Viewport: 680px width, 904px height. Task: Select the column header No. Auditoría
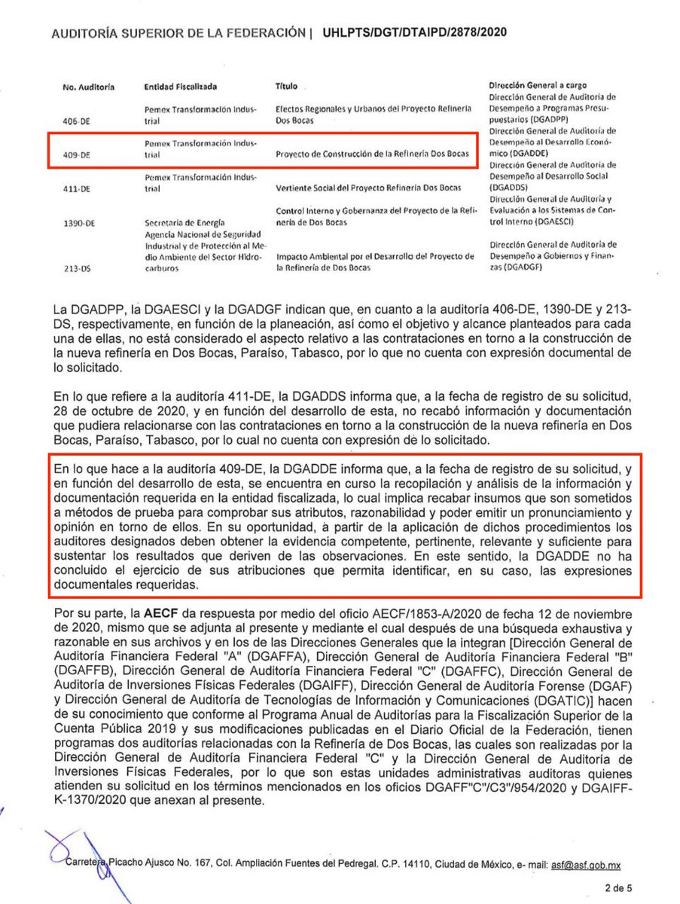pyautogui.click(x=88, y=87)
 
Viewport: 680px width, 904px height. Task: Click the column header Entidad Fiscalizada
pyautogui.click(x=180, y=87)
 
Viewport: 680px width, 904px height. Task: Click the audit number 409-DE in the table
pyautogui.click(x=77, y=155)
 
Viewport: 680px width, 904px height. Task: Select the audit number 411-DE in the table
pyautogui.click(x=77, y=189)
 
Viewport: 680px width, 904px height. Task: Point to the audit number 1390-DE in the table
pyautogui.click(x=79, y=224)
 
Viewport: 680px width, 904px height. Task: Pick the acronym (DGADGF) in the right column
pyautogui.click(x=525, y=267)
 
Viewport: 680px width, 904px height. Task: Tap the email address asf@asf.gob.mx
pyautogui.click(x=587, y=866)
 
